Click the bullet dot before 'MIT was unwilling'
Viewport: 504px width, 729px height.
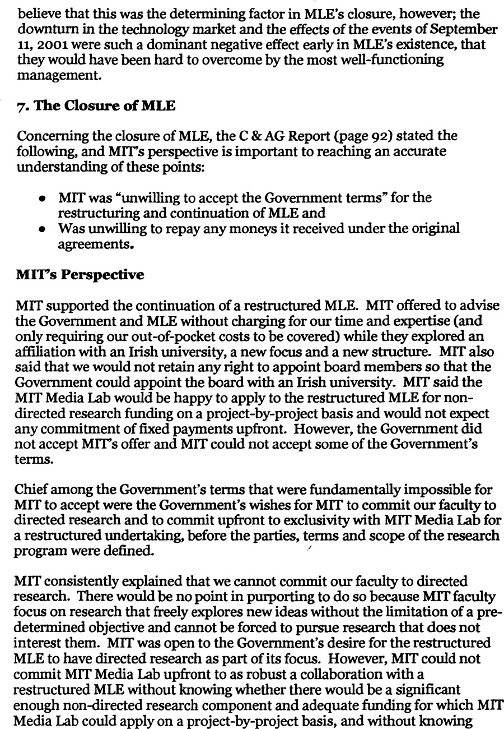(43, 199)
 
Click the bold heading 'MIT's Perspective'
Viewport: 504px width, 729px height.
(80, 275)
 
